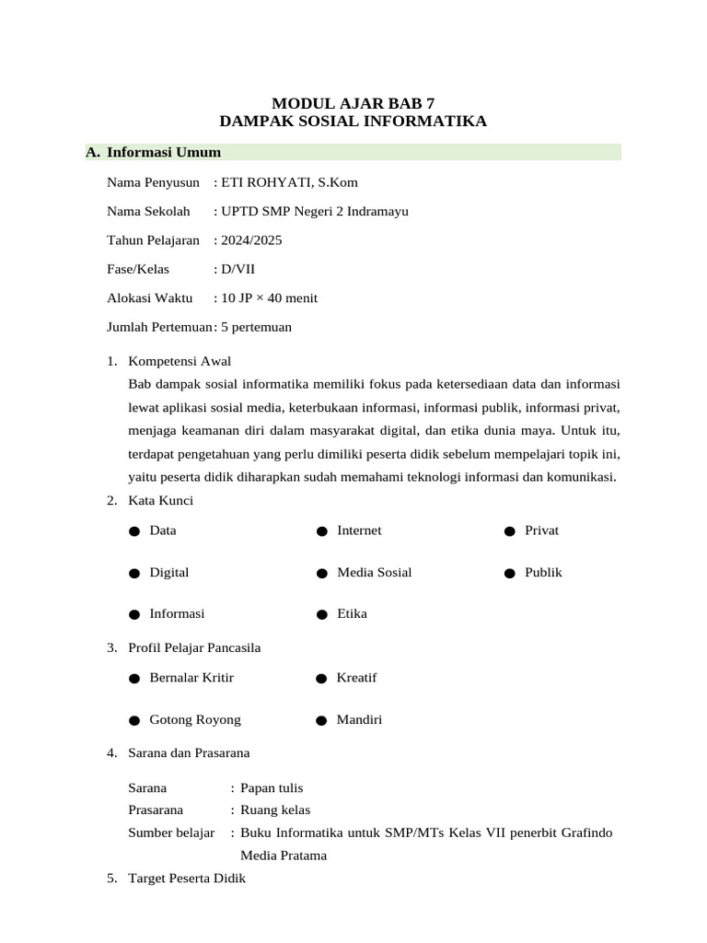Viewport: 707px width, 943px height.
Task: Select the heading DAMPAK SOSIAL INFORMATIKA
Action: click(353, 121)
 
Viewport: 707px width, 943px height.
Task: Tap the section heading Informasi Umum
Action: click(164, 152)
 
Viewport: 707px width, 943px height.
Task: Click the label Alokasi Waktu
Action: click(149, 297)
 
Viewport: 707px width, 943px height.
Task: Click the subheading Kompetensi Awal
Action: click(180, 360)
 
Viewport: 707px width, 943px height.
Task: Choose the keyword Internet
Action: click(359, 530)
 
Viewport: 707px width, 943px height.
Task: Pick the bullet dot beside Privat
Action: click(508, 531)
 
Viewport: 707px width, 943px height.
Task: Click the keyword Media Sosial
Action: click(374, 572)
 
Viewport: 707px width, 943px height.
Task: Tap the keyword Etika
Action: click(352, 613)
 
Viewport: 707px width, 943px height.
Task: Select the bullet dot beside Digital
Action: click(134, 573)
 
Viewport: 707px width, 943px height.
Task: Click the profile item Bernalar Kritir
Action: click(191, 678)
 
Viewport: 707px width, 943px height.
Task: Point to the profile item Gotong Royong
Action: click(195, 719)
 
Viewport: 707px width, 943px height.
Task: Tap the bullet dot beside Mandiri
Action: click(321, 720)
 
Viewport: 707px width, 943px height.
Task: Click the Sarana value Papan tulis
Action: click(272, 788)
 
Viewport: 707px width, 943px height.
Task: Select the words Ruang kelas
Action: click(275, 810)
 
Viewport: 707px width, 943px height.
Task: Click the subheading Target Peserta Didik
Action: click(187, 879)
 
